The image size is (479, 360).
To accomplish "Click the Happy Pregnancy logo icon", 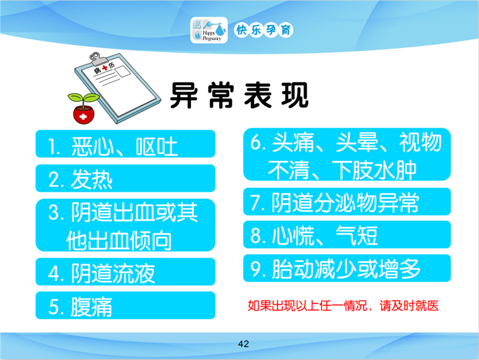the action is (x=209, y=30).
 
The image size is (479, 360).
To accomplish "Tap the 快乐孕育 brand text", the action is (x=264, y=30).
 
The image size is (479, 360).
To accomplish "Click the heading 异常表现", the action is (x=239, y=95).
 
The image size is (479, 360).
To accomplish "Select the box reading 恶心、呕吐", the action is (x=125, y=144).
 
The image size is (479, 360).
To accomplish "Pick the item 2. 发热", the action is (x=125, y=178).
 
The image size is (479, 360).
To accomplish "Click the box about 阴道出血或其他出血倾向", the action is (x=125, y=225).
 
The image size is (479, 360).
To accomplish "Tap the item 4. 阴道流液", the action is (x=125, y=272).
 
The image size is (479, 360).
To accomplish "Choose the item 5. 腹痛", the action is (x=125, y=306).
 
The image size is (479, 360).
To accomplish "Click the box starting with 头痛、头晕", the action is (x=347, y=154).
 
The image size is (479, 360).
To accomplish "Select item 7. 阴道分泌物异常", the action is (x=347, y=202).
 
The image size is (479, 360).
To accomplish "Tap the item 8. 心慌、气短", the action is (x=347, y=234).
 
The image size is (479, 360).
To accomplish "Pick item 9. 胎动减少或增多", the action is (x=347, y=268).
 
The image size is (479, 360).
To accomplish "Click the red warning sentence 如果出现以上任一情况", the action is (x=343, y=306).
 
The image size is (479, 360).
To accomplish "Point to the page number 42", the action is (x=243, y=344).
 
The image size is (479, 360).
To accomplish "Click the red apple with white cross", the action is (x=83, y=114).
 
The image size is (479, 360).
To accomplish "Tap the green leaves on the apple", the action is (x=83, y=98).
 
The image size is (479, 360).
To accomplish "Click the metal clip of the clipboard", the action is (x=99, y=59).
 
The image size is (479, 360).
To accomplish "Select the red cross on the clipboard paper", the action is (x=105, y=68).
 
